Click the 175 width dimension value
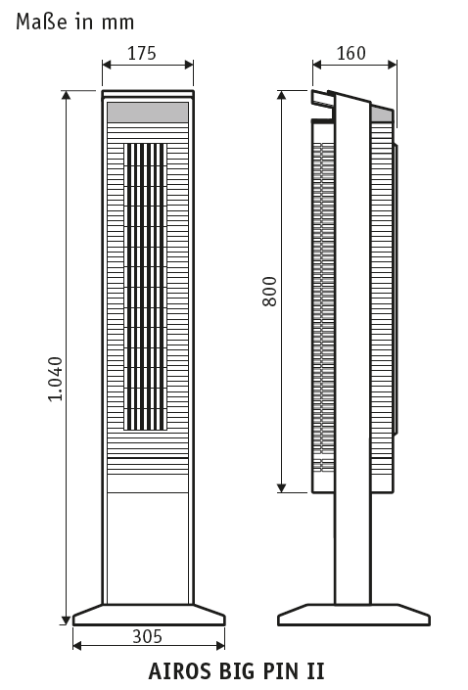click(x=142, y=53)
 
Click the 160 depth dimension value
click(x=351, y=53)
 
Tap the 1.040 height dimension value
click(x=56, y=379)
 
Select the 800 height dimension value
click(x=269, y=291)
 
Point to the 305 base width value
click(x=148, y=636)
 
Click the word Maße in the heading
click(x=42, y=22)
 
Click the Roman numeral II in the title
click(x=315, y=671)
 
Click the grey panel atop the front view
click(x=148, y=113)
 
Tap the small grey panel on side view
click(x=381, y=114)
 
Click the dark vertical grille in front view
click(x=145, y=287)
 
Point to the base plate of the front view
click(x=149, y=615)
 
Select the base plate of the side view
click(x=354, y=615)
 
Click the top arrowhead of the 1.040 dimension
click(x=66, y=96)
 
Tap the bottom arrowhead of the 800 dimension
click(x=282, y=487)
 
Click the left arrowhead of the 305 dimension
click(x=77, y=646)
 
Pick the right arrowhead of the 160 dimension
click(x=392, y=66)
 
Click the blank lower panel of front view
click(x=148, y=548)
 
